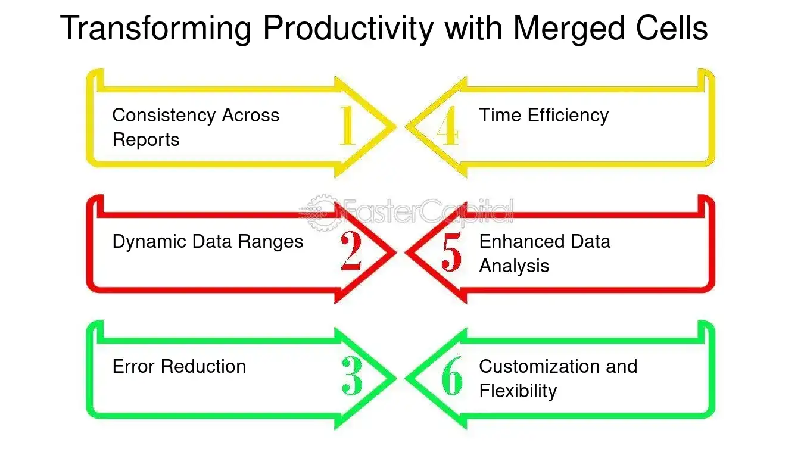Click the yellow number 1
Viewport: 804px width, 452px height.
coord(348,126)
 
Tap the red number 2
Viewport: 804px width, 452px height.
coord(351,251)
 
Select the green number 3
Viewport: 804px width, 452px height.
coord(352,377)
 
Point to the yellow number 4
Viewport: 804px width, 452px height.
coord(448,126)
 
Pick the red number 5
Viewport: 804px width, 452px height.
coord(451,251)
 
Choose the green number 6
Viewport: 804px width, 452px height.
coord(452,377)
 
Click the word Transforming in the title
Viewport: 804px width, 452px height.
coord(156,28)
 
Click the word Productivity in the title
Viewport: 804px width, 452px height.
coord(348,28)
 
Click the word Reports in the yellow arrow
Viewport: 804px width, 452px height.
coord(145,140)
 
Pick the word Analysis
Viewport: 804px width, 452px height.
coord(514,266)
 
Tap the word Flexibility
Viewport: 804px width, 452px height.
coord(518,391)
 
